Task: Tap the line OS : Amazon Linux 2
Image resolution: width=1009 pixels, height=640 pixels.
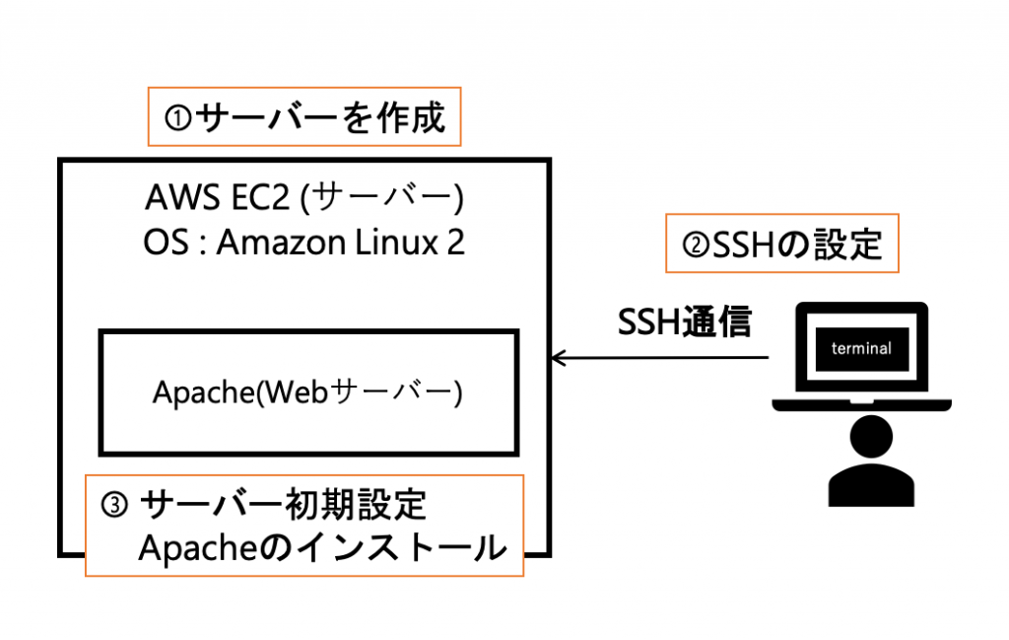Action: [303, 243]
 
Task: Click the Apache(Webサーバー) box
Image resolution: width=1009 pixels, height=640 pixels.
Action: [307, 391]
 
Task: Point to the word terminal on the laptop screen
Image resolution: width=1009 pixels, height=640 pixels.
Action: [861, 348]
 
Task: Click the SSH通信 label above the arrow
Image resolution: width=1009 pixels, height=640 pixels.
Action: [684, 322]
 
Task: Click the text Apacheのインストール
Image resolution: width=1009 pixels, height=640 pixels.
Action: [321, 549]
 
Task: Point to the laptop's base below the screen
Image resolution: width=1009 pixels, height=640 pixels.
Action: [861, 404]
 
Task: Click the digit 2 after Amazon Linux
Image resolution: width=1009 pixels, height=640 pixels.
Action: [454, 243]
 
